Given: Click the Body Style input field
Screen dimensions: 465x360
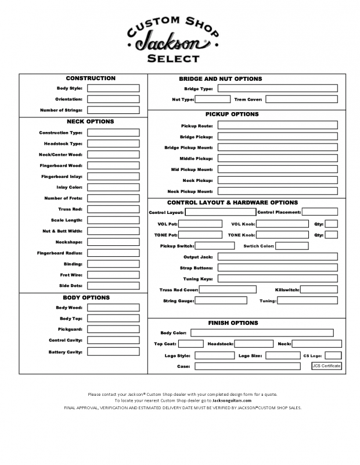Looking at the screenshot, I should [x=113, y=88].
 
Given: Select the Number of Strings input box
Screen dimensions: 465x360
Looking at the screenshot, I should [x=113, y=110].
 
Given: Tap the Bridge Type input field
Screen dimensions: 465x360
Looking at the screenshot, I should [x=277, y=88].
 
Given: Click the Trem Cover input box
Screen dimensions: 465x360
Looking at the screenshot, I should [x=301, y=99].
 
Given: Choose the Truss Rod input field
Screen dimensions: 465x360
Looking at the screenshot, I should [x=113, y=209].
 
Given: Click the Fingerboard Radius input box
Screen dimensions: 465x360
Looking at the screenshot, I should [x=113, y=253].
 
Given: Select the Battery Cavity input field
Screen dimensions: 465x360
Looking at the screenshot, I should [x=113, y=352].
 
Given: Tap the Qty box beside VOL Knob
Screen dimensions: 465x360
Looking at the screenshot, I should [x=331, y=224].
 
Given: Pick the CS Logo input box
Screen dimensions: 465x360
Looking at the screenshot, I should [x=333, y=355].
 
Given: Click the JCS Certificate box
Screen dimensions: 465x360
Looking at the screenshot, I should [x=326, y=366].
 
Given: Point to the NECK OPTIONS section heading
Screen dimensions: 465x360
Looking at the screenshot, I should [x=91, y=121].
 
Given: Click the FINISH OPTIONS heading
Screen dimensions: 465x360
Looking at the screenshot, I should [x=233, y=323].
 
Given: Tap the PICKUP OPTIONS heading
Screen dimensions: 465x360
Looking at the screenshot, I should [x=232, y=114].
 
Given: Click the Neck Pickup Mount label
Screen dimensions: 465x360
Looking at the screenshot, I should [x=190, y=191].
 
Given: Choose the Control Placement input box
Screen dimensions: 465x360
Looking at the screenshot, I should [x=319, y=212].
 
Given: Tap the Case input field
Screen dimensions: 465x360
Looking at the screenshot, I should [x=251, y=366].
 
